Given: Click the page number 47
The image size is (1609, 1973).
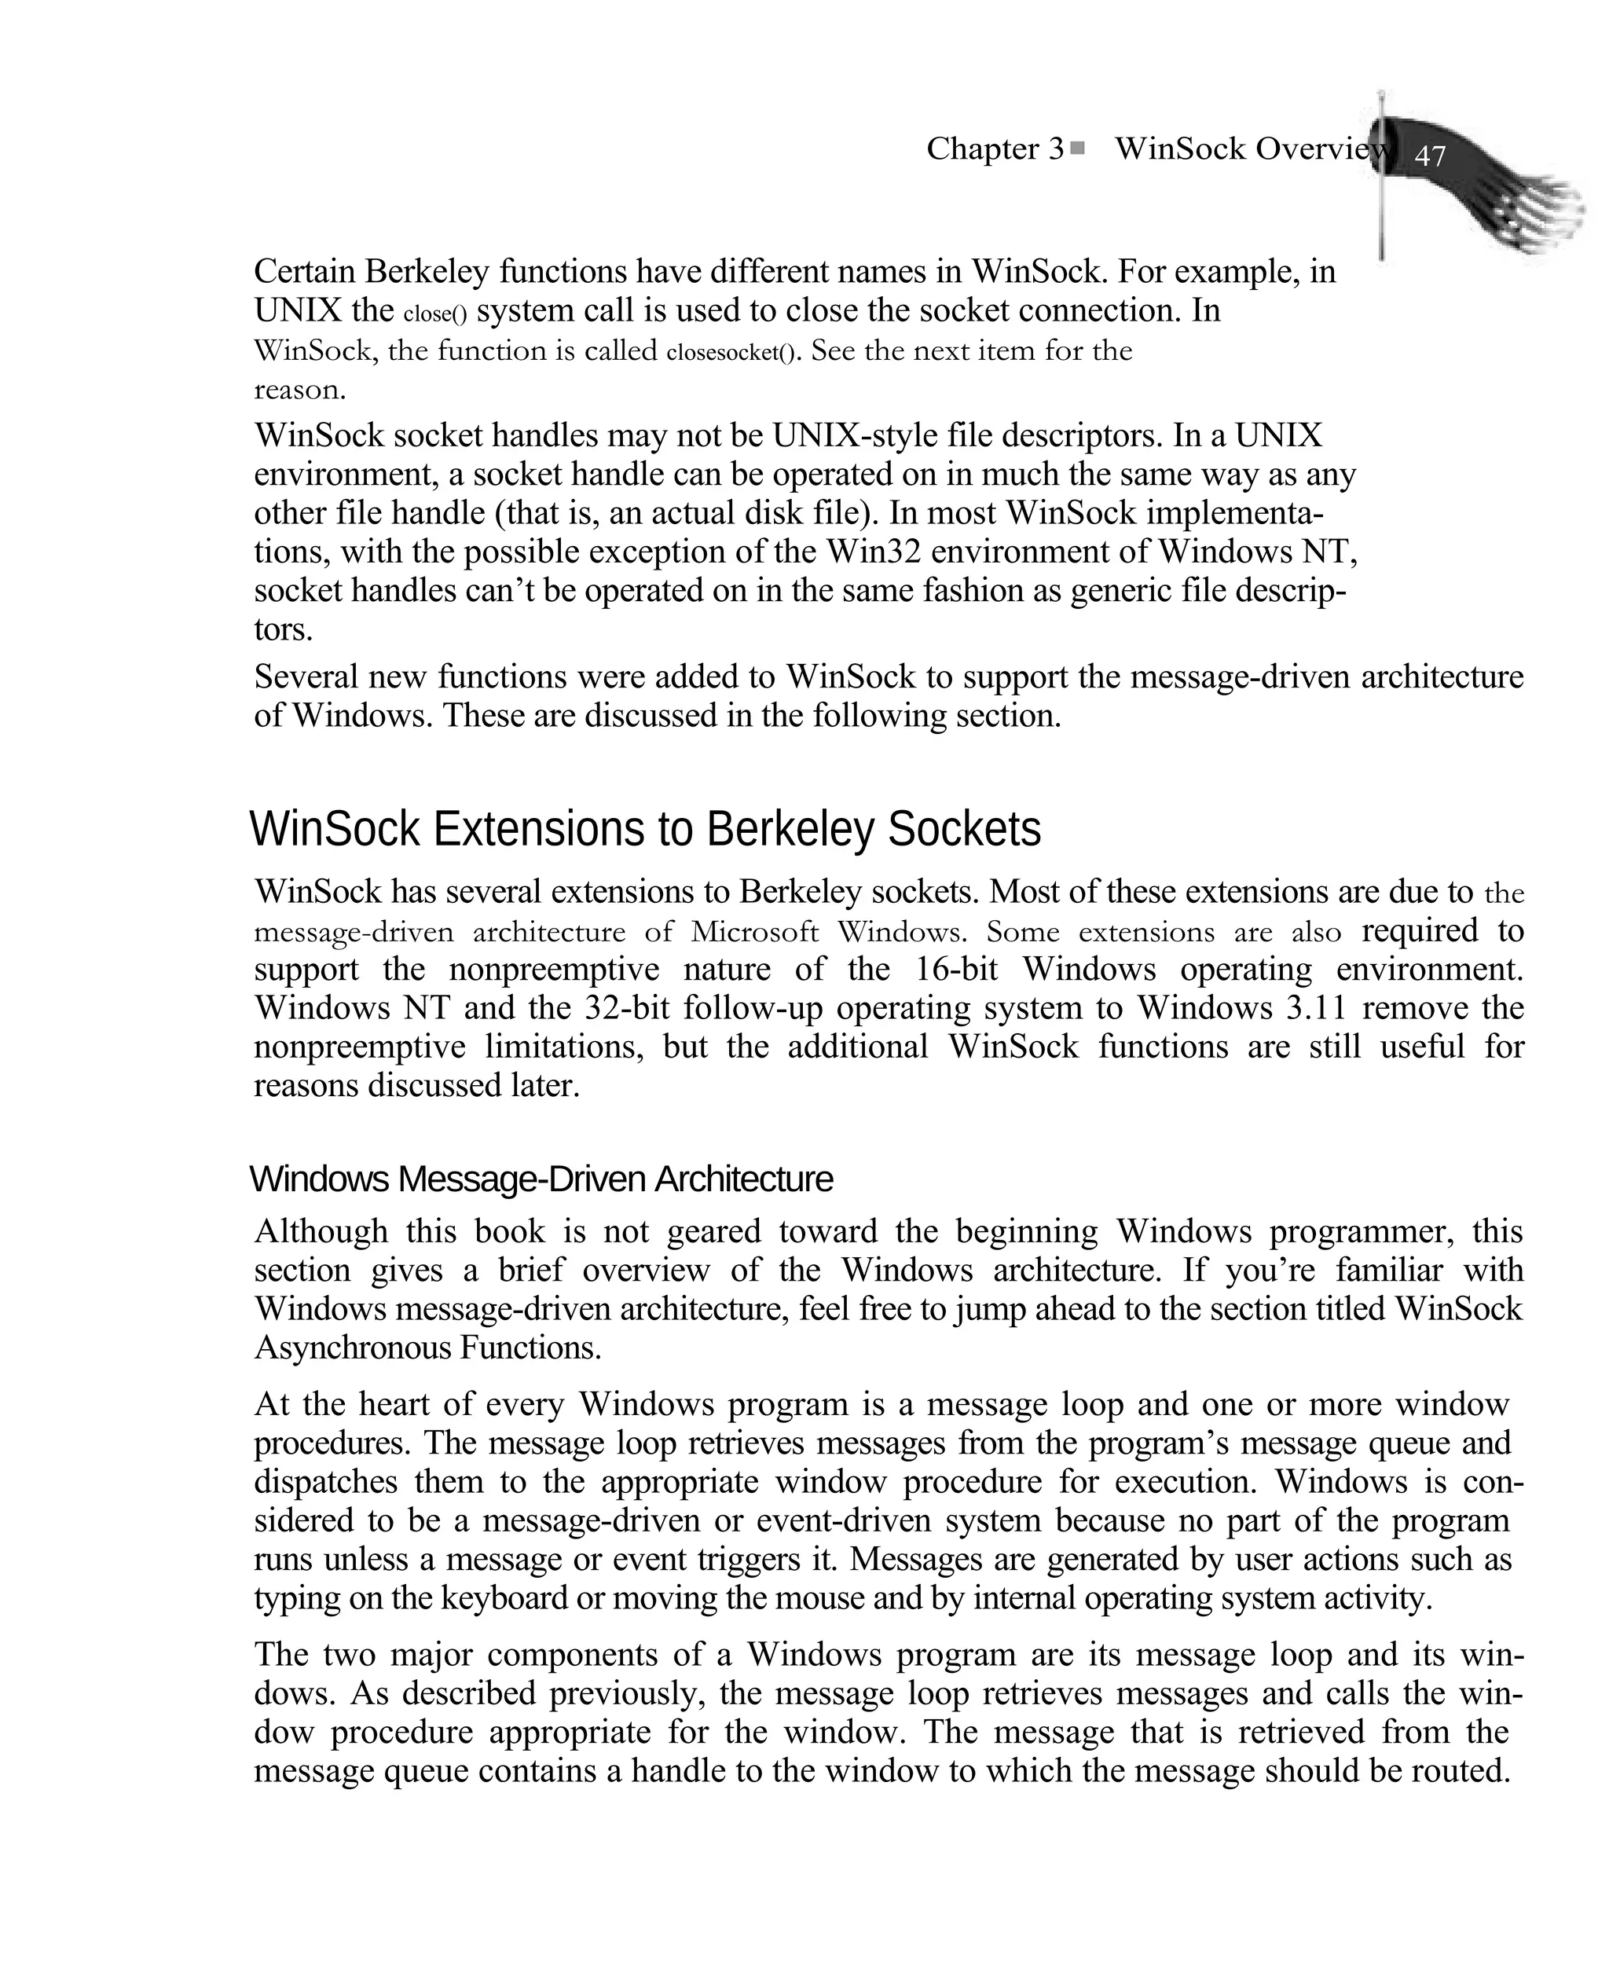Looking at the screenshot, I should pos(1429,156).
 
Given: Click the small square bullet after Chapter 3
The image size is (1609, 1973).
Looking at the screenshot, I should pos(1077,148).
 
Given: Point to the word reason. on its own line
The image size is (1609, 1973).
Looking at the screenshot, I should pos(299,391).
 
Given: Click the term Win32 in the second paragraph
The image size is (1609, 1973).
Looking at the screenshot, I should pos(873,552).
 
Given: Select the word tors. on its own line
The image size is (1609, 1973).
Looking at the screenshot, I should pos(283,630).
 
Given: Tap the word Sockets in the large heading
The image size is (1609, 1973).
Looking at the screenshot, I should pos(964,830).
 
